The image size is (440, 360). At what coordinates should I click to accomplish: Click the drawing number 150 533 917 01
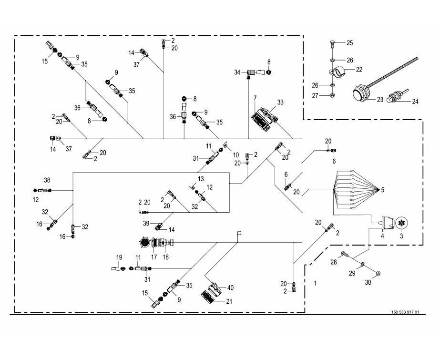point(405,312)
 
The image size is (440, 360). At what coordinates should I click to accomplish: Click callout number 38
point(47,180)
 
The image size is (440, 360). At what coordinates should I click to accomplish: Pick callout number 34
point(237,72)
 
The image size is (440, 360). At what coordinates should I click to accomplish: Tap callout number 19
point(120,258)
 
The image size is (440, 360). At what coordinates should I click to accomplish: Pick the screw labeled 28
point(345,255)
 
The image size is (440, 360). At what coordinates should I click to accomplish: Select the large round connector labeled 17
point(144,243)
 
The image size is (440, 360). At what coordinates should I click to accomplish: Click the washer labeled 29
point(363,265)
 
